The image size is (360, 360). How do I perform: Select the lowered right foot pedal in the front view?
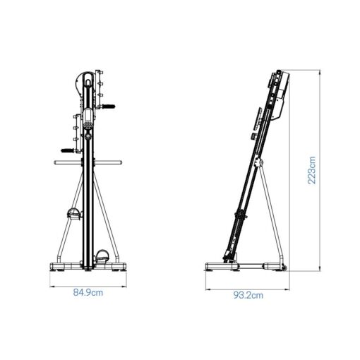point(103,257)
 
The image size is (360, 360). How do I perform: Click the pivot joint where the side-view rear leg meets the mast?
point(262,166)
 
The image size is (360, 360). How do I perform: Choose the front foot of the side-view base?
point(212,268)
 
